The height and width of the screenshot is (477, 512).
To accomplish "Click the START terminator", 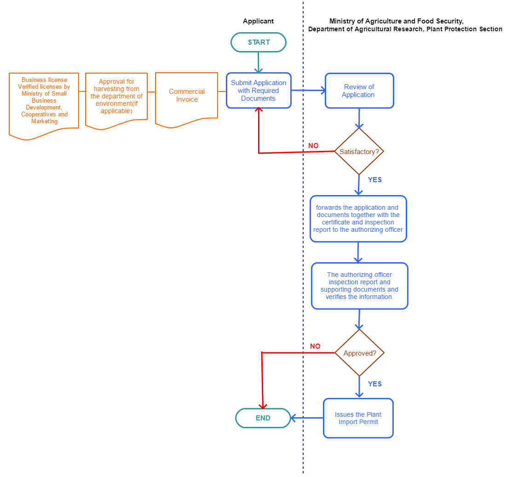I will pyautogui.click(x=259, y=42).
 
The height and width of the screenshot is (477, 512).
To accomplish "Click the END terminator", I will pyautogui.click(x=263, y=418).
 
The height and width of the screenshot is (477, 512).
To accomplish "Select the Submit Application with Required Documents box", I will pyautogui.click(x=259, y=91).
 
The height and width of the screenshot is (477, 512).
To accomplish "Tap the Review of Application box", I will pyautogui.click(x=359, y=91).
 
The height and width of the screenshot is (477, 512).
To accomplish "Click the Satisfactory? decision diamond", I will pyautogui.click(x=359, y=152).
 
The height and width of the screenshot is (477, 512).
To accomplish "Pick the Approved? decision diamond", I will pyautogui.click(x=359, y=353).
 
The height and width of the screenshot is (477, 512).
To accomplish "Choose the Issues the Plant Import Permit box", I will pyautogui.click(x=358, y=418).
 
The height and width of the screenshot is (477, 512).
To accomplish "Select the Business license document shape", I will pyautogui.click(x=44, y=101).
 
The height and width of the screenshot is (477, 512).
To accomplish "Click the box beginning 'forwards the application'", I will pyautogui.click(x=358, y=218).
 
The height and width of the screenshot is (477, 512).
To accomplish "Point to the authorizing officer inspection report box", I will pyautogui.click(x=359, y=286).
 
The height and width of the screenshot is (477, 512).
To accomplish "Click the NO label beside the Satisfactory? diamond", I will pyautogui.click(x=313, y=146).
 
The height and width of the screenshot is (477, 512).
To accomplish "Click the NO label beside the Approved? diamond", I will pyautogui.click(x=315, y=346).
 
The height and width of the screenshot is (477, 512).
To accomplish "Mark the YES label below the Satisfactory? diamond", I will pyautogui.click(x=375, y=180).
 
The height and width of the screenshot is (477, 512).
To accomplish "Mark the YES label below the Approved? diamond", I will pyautogui.click(x=375, y=384).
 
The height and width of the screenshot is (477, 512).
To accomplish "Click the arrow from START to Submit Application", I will pyautogui.click(x=259, y=62).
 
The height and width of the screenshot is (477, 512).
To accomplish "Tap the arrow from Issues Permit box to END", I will pyautogui.click(x=307, y=418).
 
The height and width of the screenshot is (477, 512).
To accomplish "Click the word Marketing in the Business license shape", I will pyautogui.click(x=44, y=121).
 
